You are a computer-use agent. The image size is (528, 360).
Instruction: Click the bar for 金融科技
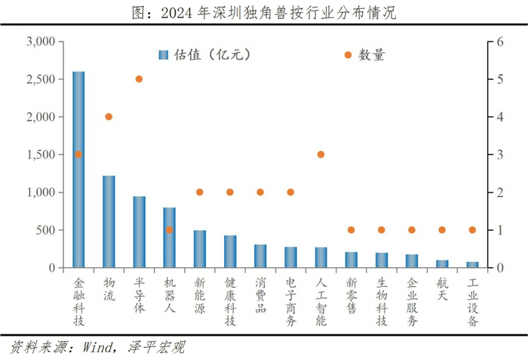[x=78, y=170]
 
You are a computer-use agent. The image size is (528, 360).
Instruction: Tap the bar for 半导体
[x=140, y=232]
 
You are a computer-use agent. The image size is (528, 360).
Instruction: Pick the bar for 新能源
[x=200, y=249]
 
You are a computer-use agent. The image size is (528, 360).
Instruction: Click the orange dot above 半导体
[x=139, y=78]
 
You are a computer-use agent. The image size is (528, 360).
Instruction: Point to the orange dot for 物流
[x=109, y=116]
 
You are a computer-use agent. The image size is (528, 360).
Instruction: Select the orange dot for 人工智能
[x=321, y=154]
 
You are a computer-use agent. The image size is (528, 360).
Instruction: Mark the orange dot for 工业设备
[x=472, y=229]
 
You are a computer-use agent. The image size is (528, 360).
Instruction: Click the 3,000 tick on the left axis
[x=40, y=42]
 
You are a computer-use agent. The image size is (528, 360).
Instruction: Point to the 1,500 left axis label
[x=40, y=155]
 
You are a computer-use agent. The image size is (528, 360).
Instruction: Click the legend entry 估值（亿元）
[x=204, y=54]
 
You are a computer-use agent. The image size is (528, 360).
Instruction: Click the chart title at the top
[x=264, y=12]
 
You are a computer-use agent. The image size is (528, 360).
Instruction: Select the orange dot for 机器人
[x=169, y=229]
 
